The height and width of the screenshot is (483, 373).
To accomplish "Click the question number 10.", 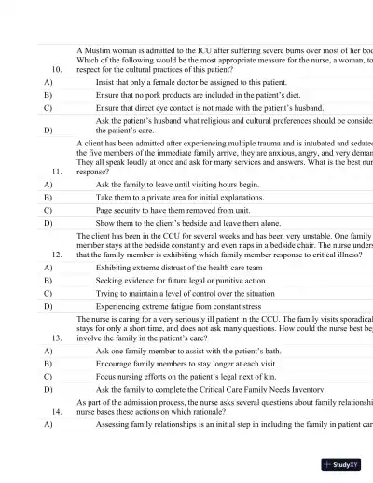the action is pos(57,69).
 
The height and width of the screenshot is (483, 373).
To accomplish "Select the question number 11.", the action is pos(57,172).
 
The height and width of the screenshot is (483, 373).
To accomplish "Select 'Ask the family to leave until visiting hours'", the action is pos(177,185).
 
